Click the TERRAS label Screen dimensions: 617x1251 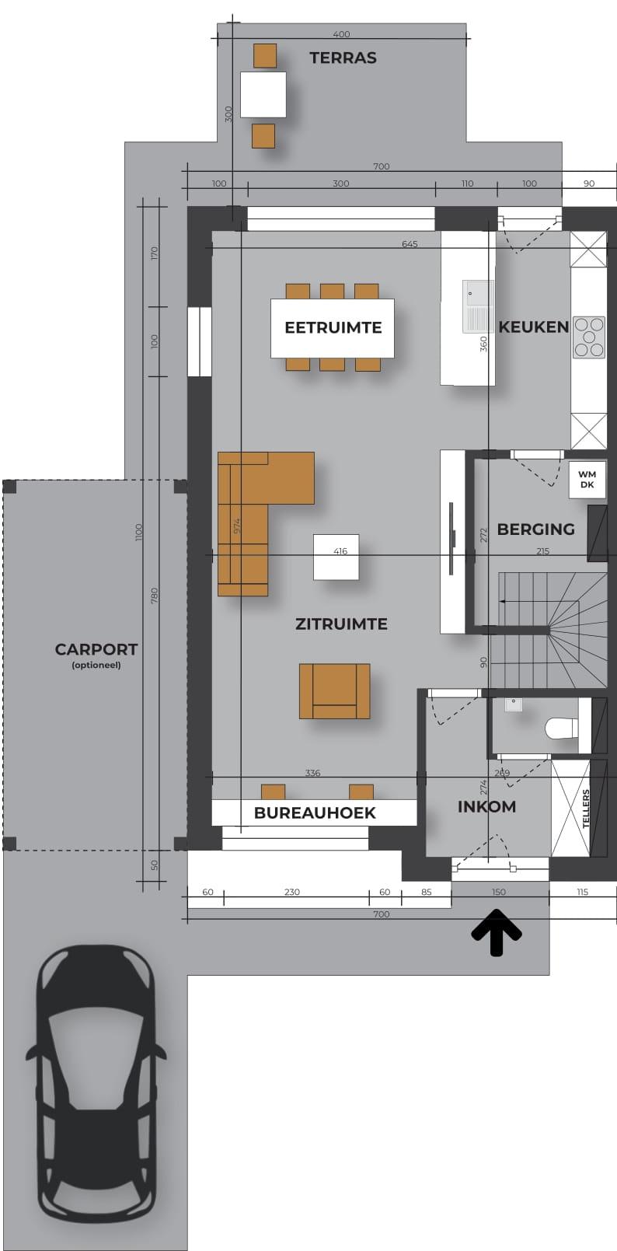point(343,58)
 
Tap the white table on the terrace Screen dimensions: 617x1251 point(263,94)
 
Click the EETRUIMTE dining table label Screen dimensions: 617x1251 point(333,327)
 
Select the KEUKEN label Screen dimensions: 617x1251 point(533,327)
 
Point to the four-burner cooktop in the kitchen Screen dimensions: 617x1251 point(589,337)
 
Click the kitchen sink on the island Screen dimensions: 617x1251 point(478,306)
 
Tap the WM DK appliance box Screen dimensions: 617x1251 point(587,480)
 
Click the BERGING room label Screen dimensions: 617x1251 point(535,529)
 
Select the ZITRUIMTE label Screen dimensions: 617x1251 point(341,624)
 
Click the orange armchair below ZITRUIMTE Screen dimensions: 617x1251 point(334,691)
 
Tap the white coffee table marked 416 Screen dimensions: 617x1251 point(336,557)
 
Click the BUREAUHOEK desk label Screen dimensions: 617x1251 point(315,813)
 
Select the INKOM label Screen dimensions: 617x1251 point(486,806)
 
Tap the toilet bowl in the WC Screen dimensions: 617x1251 point(560,729)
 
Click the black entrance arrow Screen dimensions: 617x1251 point(497,932)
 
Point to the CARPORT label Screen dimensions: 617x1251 point(96,649)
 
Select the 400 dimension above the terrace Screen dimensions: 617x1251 point(341,34)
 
